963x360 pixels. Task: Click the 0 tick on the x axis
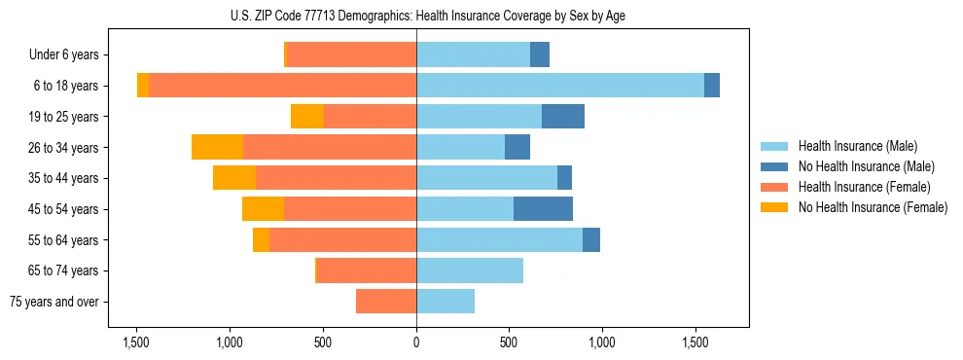(x=416, y=342)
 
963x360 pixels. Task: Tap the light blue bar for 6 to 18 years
(x=560, y=86)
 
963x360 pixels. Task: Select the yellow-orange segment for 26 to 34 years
(x=217, y=147)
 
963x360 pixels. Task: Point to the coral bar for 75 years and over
(x=386, y=302)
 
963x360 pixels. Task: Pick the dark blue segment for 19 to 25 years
(x=563, y=117)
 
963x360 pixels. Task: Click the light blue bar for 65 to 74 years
(x=470, y=270)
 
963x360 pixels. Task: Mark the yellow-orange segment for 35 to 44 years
(x=234, y=178)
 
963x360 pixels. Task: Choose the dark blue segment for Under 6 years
(x=540, y=54)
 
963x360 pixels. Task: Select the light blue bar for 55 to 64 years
(x=499, y=239)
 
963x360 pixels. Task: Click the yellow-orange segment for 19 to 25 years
(x=307, y=117)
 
